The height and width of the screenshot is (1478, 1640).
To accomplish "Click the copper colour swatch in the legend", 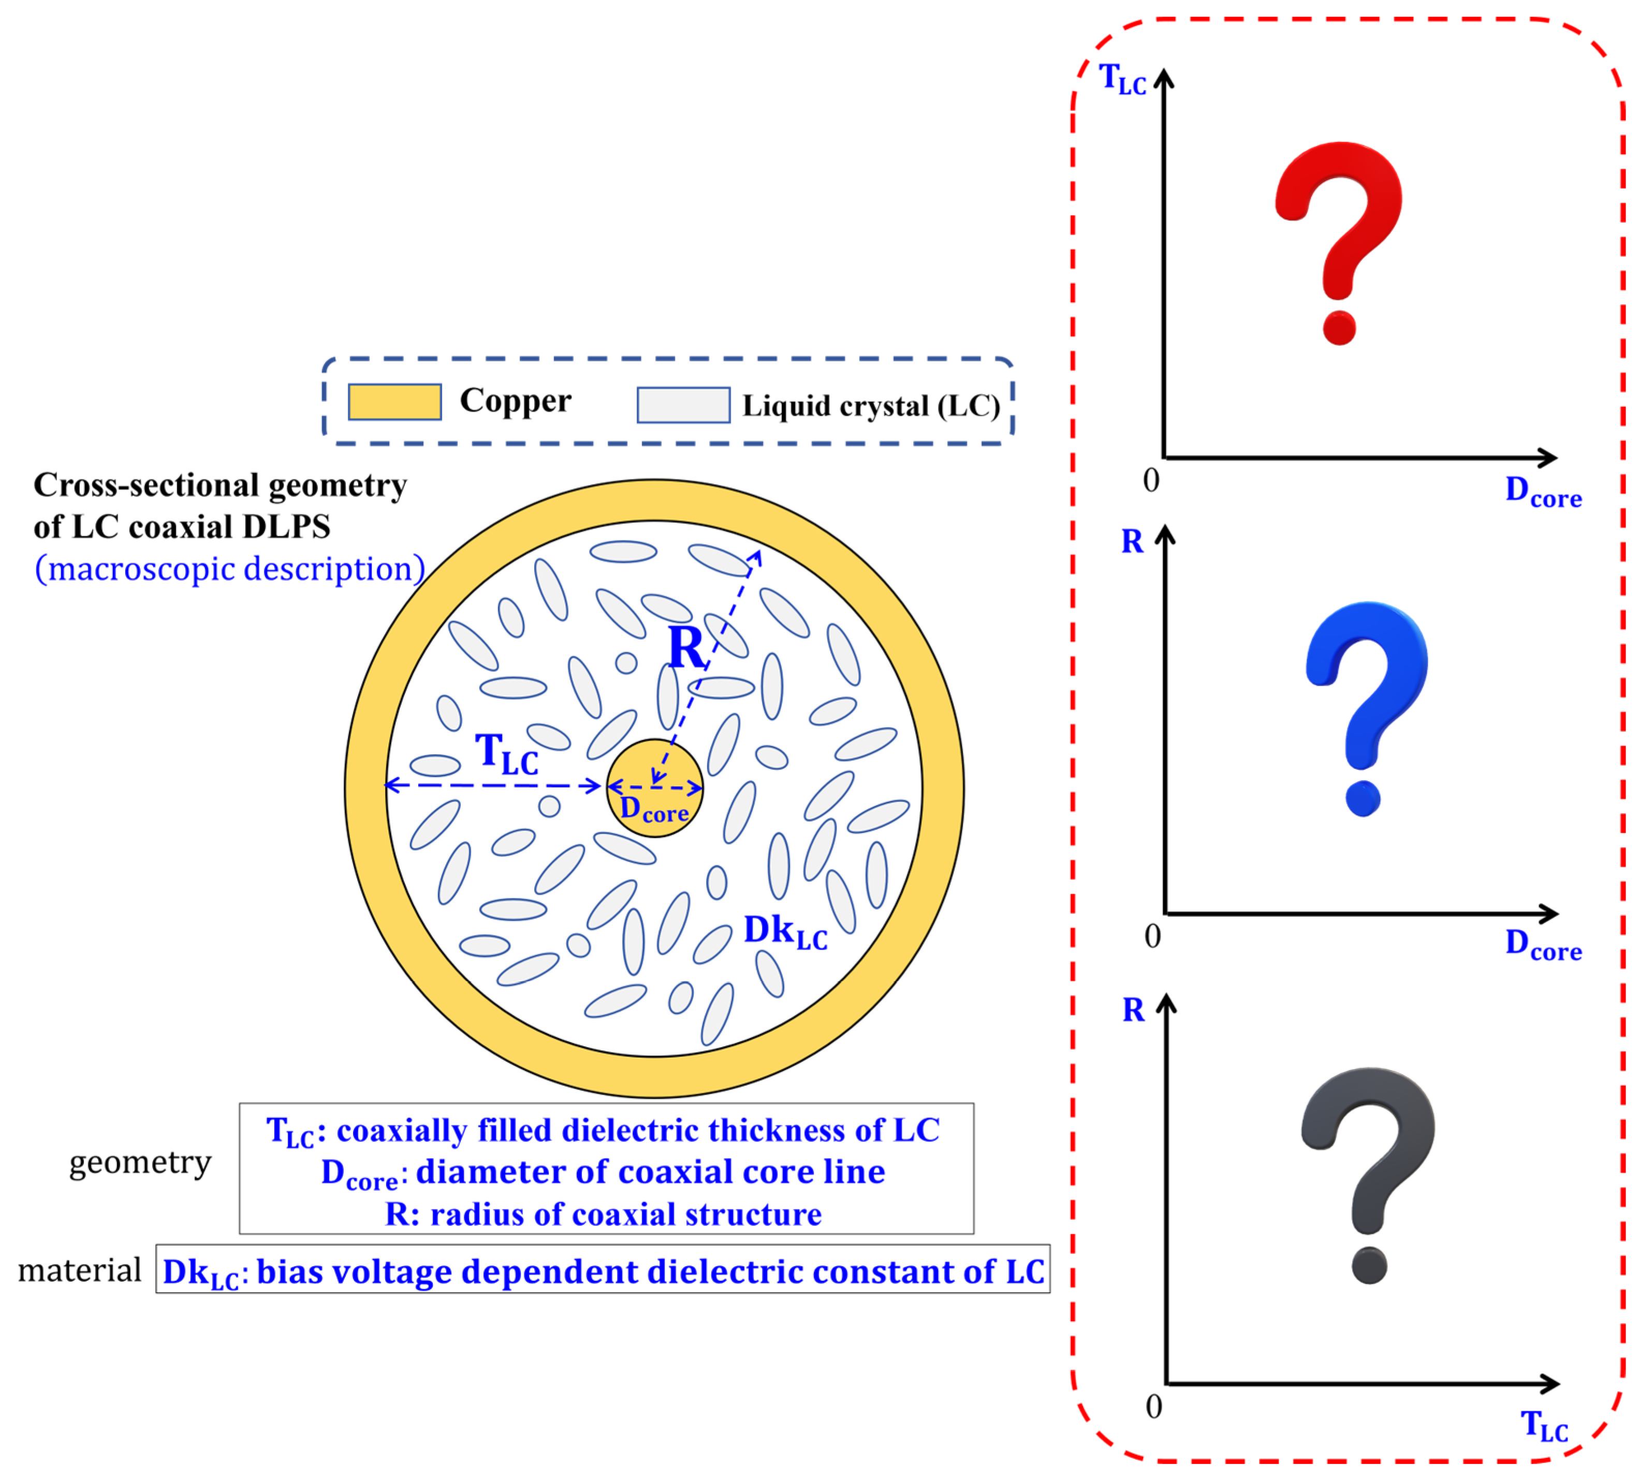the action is click(394, 402).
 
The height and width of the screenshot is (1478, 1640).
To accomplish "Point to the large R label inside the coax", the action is click(686, 647).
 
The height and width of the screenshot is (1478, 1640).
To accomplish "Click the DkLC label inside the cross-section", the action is click(785, 931).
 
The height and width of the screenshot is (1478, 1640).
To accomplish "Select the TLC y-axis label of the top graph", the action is click(1122, 80).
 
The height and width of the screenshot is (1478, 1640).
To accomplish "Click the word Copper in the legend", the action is click(516, 400).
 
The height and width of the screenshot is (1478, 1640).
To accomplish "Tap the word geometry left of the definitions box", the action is click(140, 1162).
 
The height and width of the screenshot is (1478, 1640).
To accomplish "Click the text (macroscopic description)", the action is click(230, 568).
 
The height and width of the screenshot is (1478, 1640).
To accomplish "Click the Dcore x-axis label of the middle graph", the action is click(1543, 944).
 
